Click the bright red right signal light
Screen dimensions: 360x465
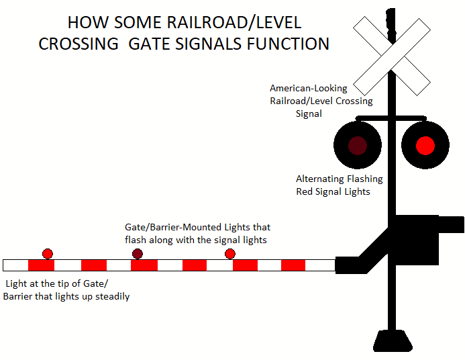click(x=425, y=145)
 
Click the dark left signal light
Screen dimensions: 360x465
click(x=358, y=145)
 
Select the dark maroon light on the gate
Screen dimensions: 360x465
click(x=138, y=253)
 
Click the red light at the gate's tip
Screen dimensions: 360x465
click(x=47, y=253)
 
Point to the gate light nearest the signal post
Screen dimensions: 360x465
click(x=230, y=253)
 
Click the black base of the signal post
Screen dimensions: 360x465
click(x=392, y=341)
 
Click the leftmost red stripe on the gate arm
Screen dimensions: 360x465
click(x=41, y=265)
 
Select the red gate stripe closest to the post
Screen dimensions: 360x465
click(x=293, y=265)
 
